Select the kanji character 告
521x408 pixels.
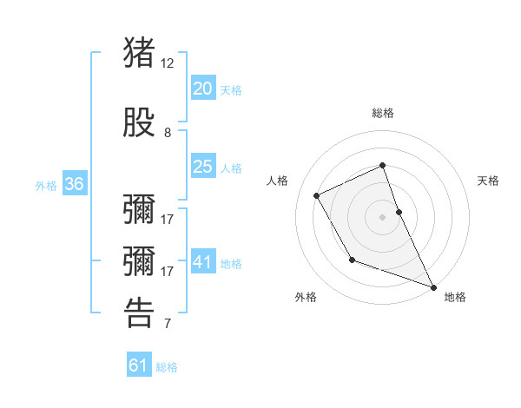[x=140, y=313]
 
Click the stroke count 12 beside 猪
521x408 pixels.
[x=168, y=63]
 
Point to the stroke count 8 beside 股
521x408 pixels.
[x=168, y=133]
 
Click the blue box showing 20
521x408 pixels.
[x=203, y=88]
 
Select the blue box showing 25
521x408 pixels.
[x=203, y=167]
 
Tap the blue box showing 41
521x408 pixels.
[x=203, y=262]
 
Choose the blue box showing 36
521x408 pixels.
[x=74, y=184]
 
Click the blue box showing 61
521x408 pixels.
[x=139, y=365]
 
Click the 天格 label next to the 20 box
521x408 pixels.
[x=231, y=89]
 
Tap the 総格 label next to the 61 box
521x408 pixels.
[x=167, y=367]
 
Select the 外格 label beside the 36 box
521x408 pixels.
[x=46, y=186]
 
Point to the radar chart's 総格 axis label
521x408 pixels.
[x=383, y=113]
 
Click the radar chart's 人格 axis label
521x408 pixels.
[x=278, y=181]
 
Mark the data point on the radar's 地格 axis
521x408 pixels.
[x=433, y=287]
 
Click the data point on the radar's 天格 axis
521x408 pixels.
[x=399, y=211]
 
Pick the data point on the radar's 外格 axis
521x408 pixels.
[x=352, y=260]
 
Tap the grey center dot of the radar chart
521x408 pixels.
[x=383, y=216]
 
